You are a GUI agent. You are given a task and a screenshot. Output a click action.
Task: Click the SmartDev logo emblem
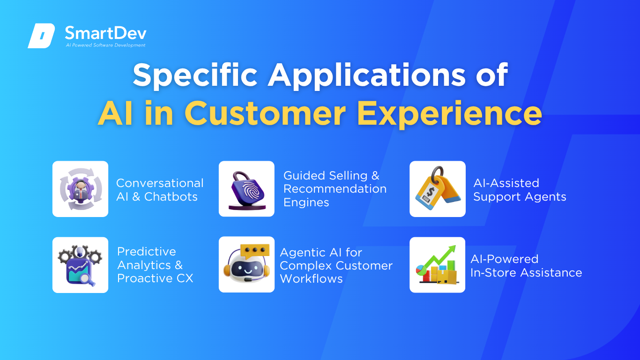[41, 36]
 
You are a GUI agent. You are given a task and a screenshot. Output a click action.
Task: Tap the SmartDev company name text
[105, 33]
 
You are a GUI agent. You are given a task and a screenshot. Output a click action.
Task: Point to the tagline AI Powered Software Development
[105, 45]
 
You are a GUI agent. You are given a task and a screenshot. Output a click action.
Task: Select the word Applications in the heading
[367, 75]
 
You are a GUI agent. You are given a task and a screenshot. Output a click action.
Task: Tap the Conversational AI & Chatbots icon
[80, 189]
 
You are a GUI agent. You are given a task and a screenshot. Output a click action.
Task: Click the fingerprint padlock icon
[246, 189]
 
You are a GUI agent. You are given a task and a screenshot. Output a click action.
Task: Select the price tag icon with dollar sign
[438, 189]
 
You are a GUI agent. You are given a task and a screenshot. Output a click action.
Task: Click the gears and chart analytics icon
[80, 265]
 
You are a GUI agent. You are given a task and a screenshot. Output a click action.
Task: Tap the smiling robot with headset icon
[246, 264]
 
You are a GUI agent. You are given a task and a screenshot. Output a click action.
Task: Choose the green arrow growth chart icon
[438, 265]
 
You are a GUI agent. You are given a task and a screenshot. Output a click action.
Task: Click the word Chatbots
[171, 197]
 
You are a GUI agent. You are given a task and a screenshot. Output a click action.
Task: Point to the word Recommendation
[335, 189]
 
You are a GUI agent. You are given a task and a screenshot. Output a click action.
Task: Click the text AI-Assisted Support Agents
[520, 190]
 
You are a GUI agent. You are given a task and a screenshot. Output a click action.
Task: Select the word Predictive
[147, 252]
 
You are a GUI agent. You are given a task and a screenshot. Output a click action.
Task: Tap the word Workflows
[311, 279]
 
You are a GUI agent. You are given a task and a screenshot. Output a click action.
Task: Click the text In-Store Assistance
[526, 272]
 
